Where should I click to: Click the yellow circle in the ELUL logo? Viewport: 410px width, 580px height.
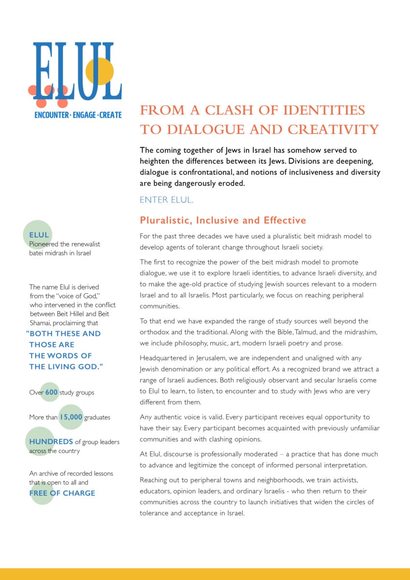(x=100, y=72)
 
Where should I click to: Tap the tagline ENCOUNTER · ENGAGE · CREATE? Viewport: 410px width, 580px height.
(x=78, y=115)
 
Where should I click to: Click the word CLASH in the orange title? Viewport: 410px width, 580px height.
(x=225, y=110)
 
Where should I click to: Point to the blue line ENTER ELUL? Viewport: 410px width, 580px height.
(x=166, y=200)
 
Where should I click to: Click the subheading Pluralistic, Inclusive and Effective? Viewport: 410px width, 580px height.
(x=222, y=220)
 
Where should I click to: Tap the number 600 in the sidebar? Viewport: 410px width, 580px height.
(x=52, y=392)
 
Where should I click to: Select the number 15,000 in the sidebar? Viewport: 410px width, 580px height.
(x=71, y=417)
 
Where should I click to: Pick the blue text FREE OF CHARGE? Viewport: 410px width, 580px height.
(x=62, y=493)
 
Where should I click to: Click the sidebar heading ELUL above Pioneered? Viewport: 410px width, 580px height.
(x=39, y=235)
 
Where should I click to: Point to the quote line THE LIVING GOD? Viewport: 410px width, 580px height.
(x=66, y=367)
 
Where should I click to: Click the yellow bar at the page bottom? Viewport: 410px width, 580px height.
(x=205, y=574)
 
